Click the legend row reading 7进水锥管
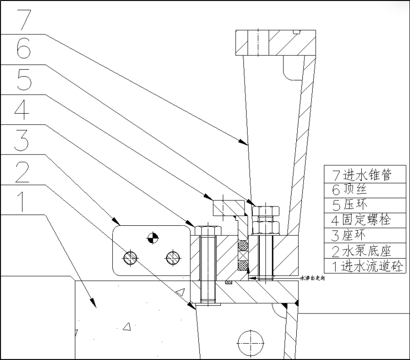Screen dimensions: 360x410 pyautogui.click(x=362, y=175)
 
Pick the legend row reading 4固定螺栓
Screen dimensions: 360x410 pyautogui.click(x=362, y=221)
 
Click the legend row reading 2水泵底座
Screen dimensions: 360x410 pyautogui.click(x=362, y=251)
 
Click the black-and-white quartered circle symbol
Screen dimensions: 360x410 pyautogui.click(x=151, y=237)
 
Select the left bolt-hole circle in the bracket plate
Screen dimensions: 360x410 pyautogui.click(x=130, y=256)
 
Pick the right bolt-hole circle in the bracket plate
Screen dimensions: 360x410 pyautogui.click(x=172, y=256)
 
